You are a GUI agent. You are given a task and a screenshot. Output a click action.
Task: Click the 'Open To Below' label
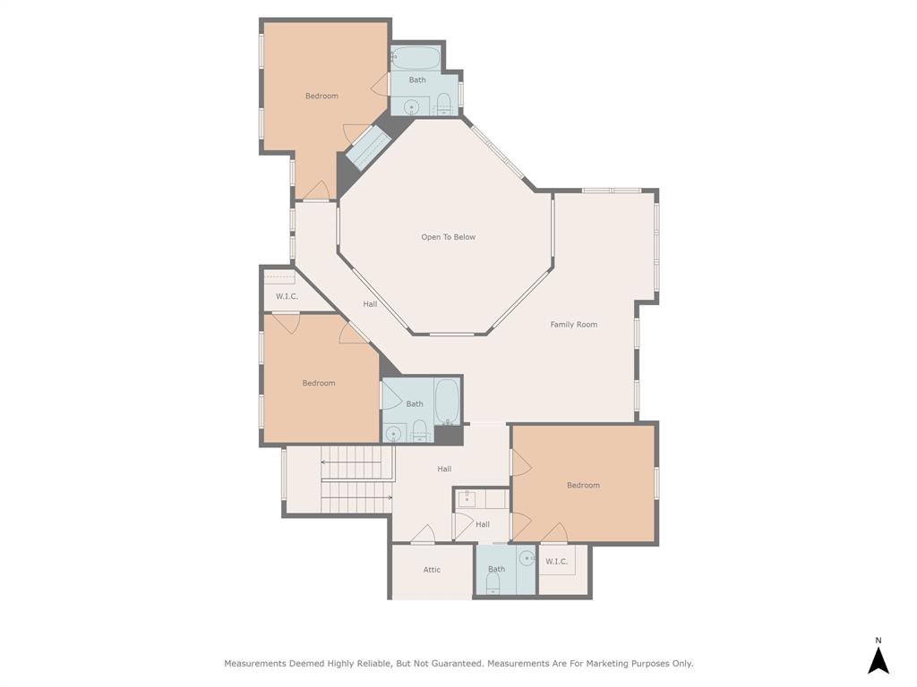click(448, 237)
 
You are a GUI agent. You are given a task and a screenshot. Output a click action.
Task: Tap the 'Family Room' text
click(573, 325)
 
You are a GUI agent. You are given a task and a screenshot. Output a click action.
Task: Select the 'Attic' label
click(432, 570)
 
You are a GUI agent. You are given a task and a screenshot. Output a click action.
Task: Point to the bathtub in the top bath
click(416, 59)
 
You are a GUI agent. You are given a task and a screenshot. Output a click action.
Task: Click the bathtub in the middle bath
click(448, 402)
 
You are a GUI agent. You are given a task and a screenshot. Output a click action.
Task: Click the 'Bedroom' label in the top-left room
click(321, 96)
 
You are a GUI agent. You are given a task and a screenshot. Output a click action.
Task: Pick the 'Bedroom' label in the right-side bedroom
click(583, 485)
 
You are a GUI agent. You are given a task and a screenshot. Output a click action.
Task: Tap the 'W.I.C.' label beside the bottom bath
click(556, 561)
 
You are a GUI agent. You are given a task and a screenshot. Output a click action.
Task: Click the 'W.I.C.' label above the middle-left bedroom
click(287, 296)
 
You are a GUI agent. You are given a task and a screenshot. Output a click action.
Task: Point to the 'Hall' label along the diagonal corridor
click(370, 304)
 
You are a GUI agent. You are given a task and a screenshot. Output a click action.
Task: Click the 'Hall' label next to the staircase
click(444, 469)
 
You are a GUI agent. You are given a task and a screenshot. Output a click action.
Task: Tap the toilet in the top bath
click(443, 102)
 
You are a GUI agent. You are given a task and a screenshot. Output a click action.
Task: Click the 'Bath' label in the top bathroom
click(417, 80)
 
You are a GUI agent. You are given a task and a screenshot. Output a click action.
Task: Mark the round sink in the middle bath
click(392, 435)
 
